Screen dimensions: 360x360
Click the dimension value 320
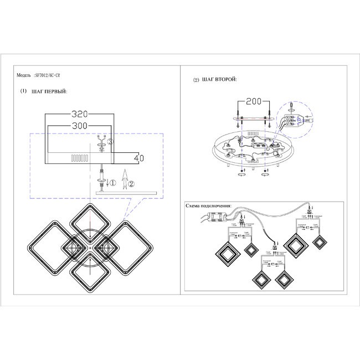(80, 115)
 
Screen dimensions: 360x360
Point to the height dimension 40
(139, 158)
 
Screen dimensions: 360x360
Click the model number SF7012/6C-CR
(58, 75)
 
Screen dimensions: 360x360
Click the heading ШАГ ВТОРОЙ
(220, 80)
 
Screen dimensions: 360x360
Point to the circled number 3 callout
(110, 142)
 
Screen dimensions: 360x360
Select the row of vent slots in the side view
(79, 158)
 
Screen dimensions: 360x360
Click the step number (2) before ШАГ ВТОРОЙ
(196, 80)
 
